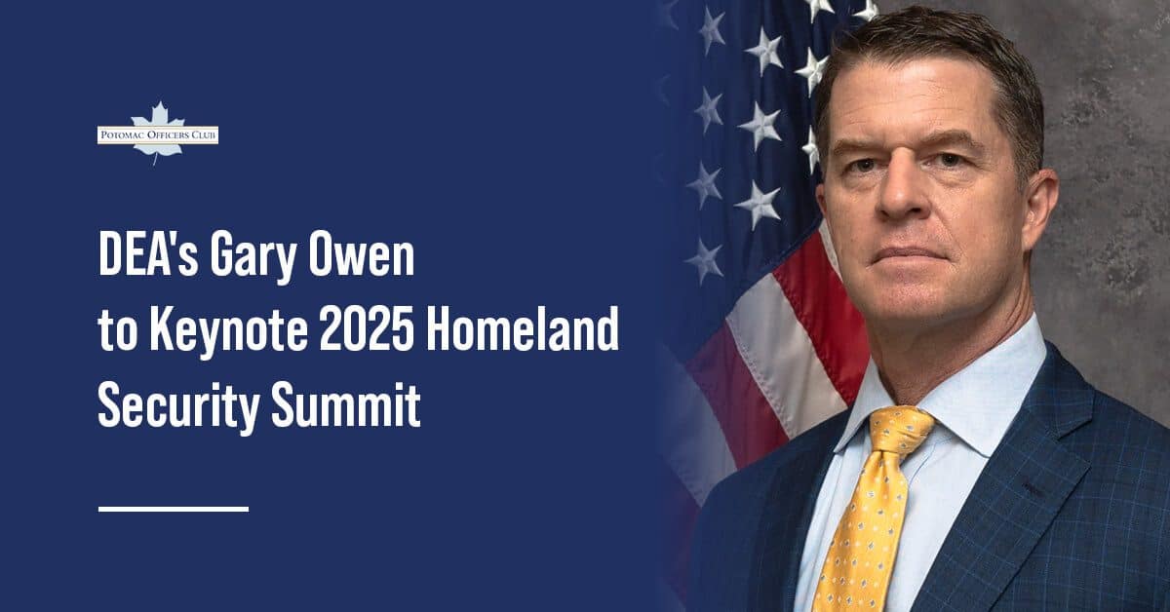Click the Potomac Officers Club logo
[157, 134]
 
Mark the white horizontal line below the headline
[174, 508]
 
